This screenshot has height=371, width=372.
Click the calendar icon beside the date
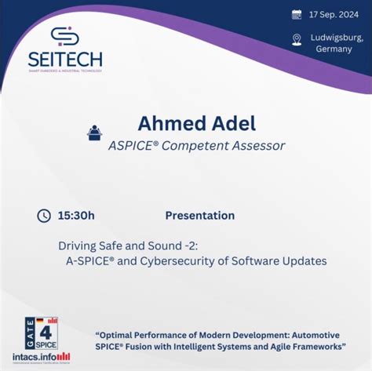297,14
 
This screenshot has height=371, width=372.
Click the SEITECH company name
65,60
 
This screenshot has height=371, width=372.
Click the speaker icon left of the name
94,133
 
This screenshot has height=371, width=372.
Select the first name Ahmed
170,124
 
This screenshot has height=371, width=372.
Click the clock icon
44,215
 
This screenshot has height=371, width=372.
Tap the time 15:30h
77,215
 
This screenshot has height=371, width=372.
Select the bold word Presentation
199,215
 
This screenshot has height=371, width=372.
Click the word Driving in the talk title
76,245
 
